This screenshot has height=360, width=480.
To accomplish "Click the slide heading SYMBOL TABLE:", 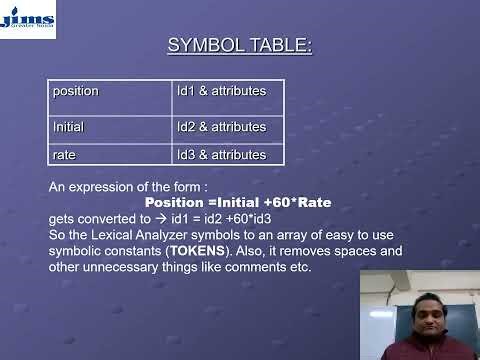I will pyautogui.click(x=239, y=46).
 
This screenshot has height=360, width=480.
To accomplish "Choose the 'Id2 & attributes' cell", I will pyautogui.click(x=228, y=127).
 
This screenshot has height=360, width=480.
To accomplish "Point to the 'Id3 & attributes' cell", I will pyautogui.click(x=228, y=155).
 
